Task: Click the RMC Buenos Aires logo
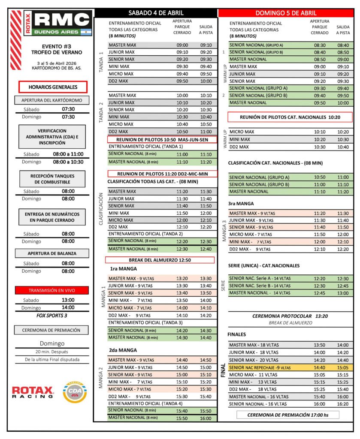(x=51, y=22)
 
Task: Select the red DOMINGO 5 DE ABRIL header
(x=286, y=13)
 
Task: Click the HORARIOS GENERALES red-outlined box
(x=53, y=87)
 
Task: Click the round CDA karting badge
(x=75, y=392)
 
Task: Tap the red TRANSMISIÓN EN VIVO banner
(x=52, y=290)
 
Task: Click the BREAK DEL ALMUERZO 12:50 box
(x=160, y=260)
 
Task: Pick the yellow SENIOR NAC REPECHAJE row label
(x=260, y=367)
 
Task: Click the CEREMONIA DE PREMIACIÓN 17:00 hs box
(x=287, y=415)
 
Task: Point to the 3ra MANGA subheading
(x=241, y=204)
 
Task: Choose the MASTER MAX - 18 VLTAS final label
(x=255, y=345)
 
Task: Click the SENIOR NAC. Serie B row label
(x=260, y=286)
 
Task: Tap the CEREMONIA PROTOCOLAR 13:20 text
(x=290, y=316)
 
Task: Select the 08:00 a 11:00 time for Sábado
(x=68, y=154)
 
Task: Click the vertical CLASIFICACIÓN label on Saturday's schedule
(x=101, y=209)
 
